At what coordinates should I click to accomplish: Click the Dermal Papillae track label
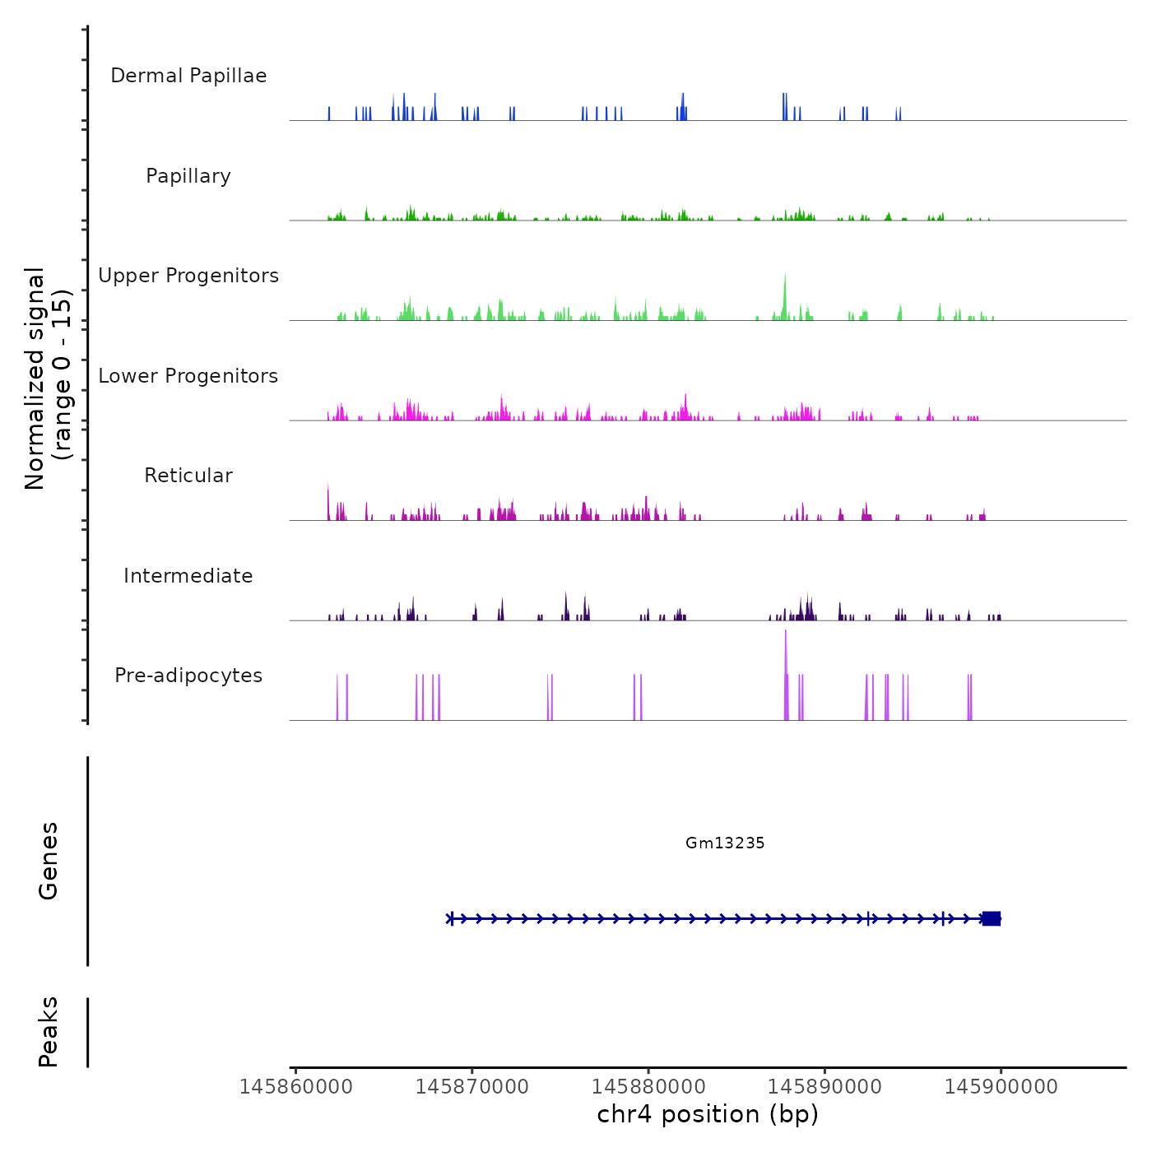coord(188,76)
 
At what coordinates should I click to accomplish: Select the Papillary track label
coord(188,176)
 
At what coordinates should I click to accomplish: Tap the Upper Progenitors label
coord(188,276)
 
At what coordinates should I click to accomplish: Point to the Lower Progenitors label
coord(188,376)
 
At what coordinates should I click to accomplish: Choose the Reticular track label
coord(188,476)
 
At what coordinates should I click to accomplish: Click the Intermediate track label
coord(188,576)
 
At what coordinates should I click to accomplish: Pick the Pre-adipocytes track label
coord(188,676)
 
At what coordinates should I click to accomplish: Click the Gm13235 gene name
coord(725,843)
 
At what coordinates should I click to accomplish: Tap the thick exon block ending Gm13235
coord(992,918)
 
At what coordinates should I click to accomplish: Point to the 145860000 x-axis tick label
coord(296,1087)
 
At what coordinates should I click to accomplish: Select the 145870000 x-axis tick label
coord(472,1087)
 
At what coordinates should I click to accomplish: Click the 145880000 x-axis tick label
coord(648,1087)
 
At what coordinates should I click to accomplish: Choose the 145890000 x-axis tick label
coord(825,1087)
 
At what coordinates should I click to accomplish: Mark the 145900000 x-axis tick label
coord(1001,1087)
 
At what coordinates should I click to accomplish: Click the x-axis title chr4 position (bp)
coord(708,1114)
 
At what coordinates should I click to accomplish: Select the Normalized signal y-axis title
coord(48,378)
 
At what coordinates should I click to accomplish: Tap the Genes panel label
coord(49,860)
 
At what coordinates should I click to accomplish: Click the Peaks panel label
coord(49,1032)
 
